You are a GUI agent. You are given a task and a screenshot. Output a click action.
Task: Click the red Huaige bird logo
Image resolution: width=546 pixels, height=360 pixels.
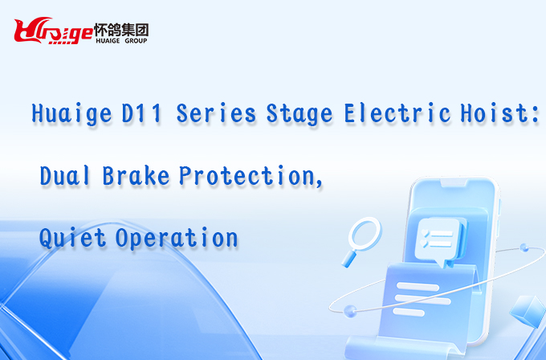(x=53, y=31)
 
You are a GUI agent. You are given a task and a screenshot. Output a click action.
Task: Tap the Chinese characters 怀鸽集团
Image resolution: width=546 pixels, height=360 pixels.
(x=121, y=30)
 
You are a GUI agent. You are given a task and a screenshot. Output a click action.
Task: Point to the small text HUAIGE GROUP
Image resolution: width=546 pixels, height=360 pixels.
(x=121, y=41)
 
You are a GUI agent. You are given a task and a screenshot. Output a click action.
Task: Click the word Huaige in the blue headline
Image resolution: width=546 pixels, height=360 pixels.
(x=71, y=113)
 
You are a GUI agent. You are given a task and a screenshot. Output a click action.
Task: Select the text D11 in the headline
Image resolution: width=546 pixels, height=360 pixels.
(x=142, y=113)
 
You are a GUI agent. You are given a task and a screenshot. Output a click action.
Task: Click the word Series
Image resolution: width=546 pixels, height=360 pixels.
(x=216, y=113)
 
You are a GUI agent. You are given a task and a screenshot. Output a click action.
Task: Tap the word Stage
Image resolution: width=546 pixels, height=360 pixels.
(x=299, y=113)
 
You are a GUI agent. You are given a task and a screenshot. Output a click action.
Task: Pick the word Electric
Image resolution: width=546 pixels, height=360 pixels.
(x=397, y=112)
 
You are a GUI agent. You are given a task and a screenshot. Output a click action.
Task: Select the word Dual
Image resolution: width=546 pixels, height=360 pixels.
(x=65, y=175)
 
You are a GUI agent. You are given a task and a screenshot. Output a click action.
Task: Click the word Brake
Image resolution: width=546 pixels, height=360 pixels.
(x=136, y=175)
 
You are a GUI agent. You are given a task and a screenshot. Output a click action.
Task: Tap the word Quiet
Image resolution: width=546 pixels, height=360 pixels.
(x=72, y=238)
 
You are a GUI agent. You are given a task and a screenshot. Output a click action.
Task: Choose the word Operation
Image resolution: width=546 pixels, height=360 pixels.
(x=177, y=239)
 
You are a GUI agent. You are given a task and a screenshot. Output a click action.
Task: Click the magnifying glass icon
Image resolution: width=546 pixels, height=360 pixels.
(x=361, y=241)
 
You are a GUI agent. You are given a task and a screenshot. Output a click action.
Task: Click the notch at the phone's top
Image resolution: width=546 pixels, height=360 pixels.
(x=454, y=183)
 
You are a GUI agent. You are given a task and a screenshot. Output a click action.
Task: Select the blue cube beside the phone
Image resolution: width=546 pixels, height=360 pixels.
(x=528, y=311)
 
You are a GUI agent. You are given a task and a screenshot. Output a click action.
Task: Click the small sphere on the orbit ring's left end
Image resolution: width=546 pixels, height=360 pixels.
(x=349, y=310)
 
